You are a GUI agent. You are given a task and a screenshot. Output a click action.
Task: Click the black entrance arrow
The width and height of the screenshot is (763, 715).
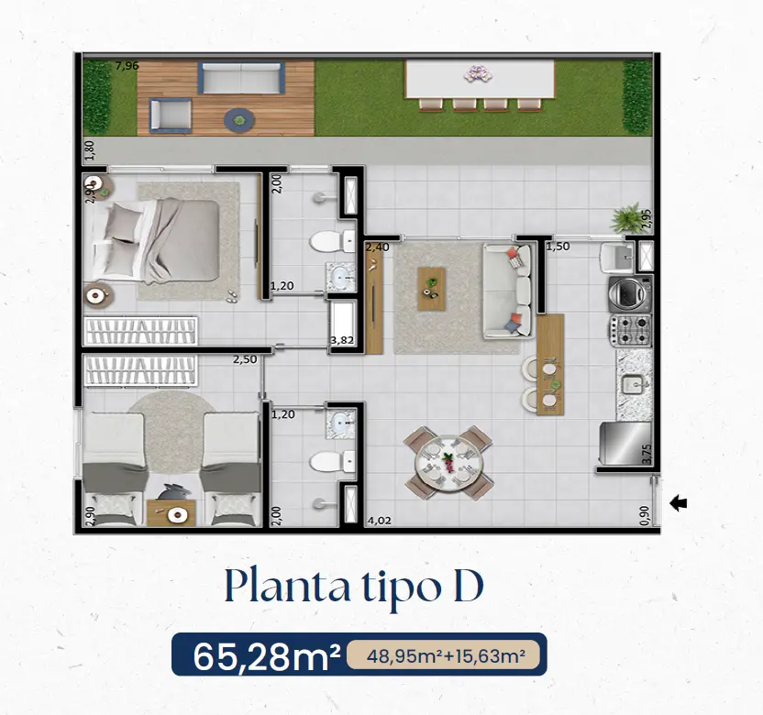tap(679, 503)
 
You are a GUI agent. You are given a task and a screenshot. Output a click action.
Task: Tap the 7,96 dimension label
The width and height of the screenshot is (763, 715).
tap(127, 66)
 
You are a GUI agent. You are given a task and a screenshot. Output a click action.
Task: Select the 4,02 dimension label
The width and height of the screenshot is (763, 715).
tap(379, 521)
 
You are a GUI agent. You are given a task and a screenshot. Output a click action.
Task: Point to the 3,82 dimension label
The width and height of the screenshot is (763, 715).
tap(342, 340)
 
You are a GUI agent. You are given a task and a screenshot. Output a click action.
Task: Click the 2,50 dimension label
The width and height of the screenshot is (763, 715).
tap(245, 360)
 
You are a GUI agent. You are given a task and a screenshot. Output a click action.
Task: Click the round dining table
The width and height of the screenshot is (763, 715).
tap(448, 463)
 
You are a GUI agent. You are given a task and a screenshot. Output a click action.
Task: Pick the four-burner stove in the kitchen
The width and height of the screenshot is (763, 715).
tap(631, 329)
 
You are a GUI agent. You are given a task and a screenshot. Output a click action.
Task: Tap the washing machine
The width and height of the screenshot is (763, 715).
tap(631, 293)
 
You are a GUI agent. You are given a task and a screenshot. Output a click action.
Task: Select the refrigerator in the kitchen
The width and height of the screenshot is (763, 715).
tap(625, 444)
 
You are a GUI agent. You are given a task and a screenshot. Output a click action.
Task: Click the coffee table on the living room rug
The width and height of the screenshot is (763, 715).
tap(432, 289)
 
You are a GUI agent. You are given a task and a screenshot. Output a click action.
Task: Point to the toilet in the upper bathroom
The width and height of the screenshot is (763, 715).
tap(333, 241)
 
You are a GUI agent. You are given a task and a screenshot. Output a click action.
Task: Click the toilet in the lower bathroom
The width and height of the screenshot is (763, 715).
tap(333, 462)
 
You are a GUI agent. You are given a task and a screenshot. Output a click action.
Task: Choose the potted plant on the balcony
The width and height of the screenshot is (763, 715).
tap(629, 218)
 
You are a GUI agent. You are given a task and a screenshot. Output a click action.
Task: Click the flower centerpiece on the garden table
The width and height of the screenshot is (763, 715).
tap(478, 74)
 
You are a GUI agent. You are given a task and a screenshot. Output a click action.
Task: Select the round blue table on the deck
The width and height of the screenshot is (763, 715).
tap(239, 120)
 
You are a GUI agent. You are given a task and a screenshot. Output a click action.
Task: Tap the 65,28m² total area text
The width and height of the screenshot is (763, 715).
tap(267, 656)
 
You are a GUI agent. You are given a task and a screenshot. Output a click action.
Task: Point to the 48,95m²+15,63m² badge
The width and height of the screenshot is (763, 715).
tap(446, 656)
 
